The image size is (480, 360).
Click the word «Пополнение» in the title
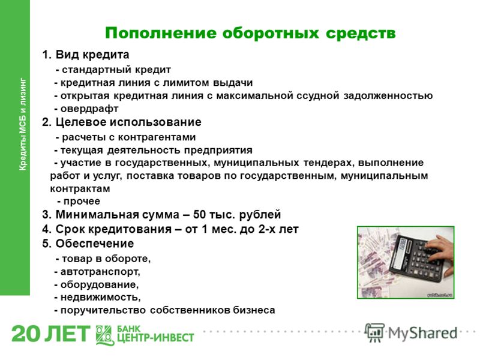pos(161,33)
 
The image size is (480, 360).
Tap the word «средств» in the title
pos(361,33)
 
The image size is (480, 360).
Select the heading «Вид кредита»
pos(92,55)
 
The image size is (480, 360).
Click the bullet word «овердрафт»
pos(89,109)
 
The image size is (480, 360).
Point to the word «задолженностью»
pos(388,96)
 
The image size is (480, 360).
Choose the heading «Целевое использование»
pos(128,122)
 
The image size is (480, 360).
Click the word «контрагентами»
pos(157,137)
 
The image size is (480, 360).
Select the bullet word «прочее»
pos(82,202)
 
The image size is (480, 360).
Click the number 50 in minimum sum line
pos(199,215)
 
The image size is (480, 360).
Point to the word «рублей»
pos(260,215)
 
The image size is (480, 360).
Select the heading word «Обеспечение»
pos(95,244)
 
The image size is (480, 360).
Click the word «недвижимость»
pos(100,297)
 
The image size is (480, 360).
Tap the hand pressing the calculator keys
pos(440,251)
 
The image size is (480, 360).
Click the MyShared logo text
pos(423,333)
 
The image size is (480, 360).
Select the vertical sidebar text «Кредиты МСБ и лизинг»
pos(23,124)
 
